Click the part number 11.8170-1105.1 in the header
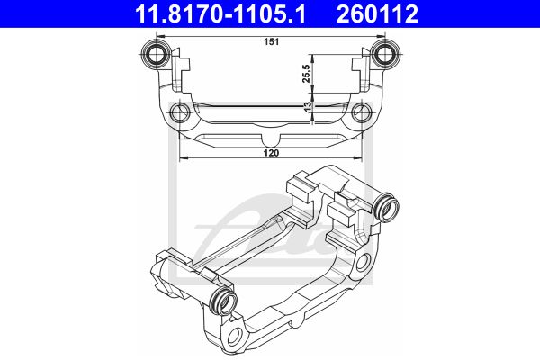coord(220,13)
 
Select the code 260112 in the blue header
coord(377,13)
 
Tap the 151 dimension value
coord(272,42)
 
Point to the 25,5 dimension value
coord(307,74)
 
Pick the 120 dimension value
coord(272,153)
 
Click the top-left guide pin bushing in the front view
coord(156,54)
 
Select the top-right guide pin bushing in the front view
coord(385,54)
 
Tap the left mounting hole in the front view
coord(180,112)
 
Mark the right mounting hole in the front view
coord(362,112)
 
